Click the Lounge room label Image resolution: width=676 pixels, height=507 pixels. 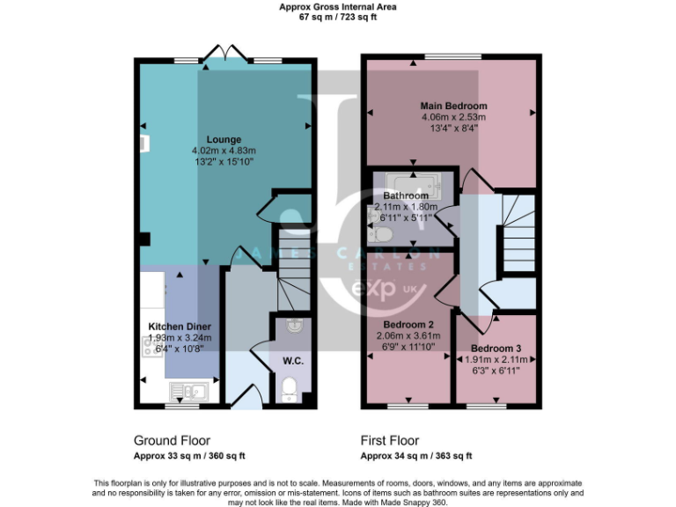coord(224,139)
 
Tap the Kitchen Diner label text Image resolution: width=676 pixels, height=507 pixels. coord(179,326)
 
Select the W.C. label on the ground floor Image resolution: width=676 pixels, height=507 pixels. coord(292,359)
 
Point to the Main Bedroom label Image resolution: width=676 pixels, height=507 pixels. coord(453,107)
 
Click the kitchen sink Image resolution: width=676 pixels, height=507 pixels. coord(188,392)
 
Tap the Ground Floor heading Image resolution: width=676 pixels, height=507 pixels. coord(172,440)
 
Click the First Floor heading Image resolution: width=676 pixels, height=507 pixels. coord(389,440)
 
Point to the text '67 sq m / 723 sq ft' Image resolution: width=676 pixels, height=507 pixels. coord(338,16)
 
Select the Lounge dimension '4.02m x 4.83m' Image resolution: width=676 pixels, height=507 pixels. coord(224,151)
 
